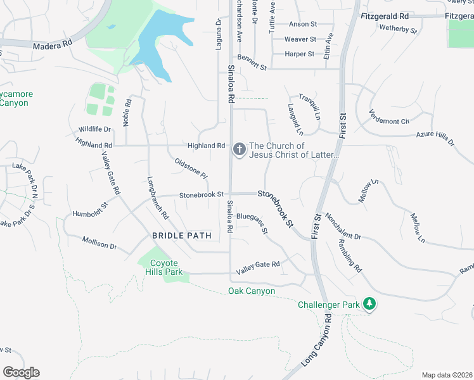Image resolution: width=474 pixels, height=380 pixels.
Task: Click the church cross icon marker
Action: (x=240, y=149)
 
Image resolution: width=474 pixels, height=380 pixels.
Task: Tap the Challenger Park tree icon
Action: (x=369, y=305)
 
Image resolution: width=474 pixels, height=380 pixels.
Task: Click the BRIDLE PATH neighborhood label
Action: (x=181, y=236)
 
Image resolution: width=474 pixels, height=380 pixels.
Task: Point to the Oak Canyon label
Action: (x=252, y=291)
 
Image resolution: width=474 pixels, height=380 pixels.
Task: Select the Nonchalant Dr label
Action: (x=343, y=226)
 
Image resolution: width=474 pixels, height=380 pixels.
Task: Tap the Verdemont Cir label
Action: (x=389, y=117)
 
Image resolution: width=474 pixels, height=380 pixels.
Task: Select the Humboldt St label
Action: (x=91, y=209)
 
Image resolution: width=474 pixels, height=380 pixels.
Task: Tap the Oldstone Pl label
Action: (x=191, y=168)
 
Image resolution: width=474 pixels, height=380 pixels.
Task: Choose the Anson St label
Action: (x=302, y=24)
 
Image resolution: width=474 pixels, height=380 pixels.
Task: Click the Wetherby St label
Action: (x=398, y=28)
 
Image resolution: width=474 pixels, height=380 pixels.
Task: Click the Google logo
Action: (x=21, y=372)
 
